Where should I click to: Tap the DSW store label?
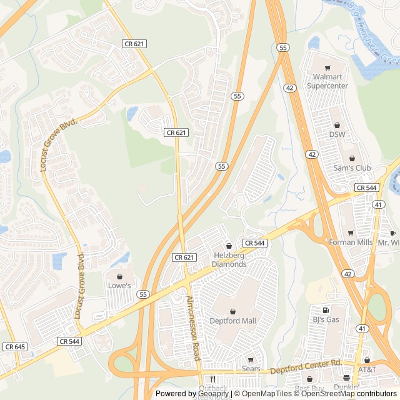coord(337,134)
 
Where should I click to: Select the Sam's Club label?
coord(352,168)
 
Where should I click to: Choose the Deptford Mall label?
coord(232,321)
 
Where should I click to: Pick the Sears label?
coord(251,369)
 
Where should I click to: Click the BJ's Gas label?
coord(325,319)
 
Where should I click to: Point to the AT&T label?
coord(367,369)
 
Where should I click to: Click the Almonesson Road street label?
coord(192,327)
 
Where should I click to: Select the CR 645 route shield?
coord(15,346)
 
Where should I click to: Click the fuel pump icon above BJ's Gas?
coord(325,310)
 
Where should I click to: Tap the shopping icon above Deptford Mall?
coord(232,311)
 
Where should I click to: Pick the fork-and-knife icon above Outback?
coord(213,379)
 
